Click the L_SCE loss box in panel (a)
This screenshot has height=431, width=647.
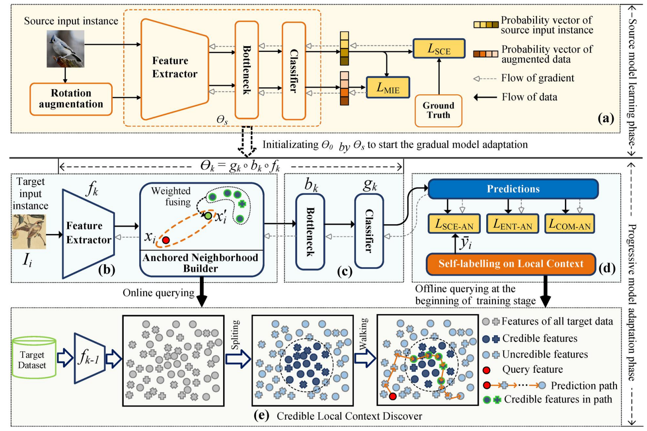tap(439, 48)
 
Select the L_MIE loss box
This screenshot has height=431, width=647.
tap(387, 87)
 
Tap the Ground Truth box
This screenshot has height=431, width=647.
tap(438, 111)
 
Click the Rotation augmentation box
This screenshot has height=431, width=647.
tap(71, 99)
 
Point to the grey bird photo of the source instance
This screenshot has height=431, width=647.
tap(66, 49)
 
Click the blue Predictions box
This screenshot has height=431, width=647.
tap(513, 189)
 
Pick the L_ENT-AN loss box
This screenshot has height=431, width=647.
tap(512, 224)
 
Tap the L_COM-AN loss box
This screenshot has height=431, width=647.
tap(569, 224)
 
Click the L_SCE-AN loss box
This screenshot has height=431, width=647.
tap(454, 224)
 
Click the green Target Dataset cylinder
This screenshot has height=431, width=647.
tap(34, 358)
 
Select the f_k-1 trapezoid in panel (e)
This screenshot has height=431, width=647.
tap(89, 358)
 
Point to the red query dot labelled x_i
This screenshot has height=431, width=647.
tap(166, 240)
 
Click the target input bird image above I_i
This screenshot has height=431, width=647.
tap(29, 231)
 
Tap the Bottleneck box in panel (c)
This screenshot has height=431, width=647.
tap(310, 232)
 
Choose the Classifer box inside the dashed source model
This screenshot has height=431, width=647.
tap(293, 71)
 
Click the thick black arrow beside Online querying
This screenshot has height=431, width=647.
tap(201, 292)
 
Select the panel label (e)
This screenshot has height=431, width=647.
tap(261, 415)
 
